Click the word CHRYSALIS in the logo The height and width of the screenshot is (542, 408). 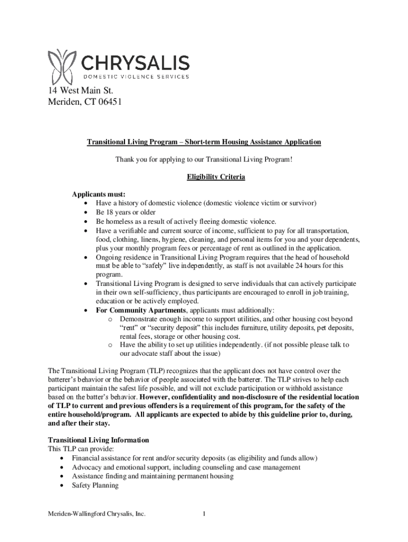136,64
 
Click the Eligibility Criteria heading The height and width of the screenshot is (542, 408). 216,177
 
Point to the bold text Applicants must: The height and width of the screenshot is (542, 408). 99,194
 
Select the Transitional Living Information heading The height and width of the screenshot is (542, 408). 99,440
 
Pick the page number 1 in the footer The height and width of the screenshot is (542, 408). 204,513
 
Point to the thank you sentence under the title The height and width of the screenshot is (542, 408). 204,159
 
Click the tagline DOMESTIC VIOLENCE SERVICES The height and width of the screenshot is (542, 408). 136,77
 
